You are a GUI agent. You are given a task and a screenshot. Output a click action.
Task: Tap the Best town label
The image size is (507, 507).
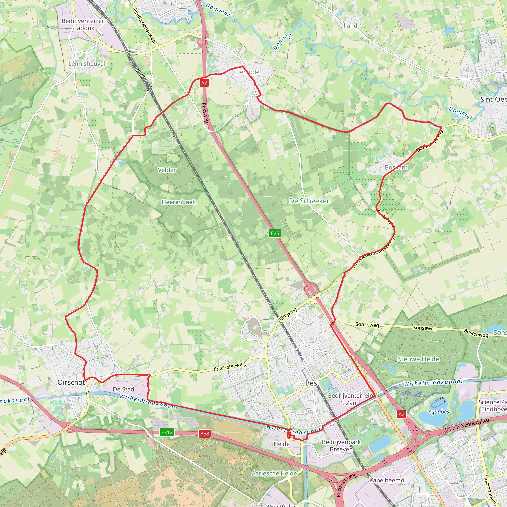tap(312, 383)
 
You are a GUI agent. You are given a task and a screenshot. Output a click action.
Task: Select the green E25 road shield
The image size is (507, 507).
tap(275, 233)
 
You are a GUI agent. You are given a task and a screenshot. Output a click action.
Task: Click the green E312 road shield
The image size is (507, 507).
tap(167, 432)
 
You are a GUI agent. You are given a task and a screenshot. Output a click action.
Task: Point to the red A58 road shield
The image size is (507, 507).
tap(205, 434)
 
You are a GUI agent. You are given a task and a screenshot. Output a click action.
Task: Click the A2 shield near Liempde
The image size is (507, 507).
tap(204, 83)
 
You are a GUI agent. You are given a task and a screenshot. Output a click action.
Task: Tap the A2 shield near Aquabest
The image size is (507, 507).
tap(401, 414)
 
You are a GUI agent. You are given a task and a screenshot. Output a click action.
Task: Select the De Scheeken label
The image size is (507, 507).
tap(310, 201)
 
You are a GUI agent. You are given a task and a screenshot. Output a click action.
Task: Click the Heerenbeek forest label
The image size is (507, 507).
tap(178, 202)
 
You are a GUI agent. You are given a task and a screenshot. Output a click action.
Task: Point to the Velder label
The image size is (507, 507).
tap(167, 170)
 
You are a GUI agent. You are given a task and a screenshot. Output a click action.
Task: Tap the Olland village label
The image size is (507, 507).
tap(348, 26)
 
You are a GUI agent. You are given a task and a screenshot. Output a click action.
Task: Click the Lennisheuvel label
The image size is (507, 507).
tap(87, 64)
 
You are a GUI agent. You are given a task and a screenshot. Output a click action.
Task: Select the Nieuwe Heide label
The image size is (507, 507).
tap(418, 359)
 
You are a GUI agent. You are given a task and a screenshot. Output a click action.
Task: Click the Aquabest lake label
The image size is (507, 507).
tap(439, 411)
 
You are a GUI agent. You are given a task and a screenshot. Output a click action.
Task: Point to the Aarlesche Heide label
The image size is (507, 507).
tap(274, 473)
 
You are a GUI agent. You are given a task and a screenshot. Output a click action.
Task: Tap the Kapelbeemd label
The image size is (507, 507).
tap(386, 480)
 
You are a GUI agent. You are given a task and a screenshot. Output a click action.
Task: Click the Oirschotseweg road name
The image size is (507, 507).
tap(228, 367)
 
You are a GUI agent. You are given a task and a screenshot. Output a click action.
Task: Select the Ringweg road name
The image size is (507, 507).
tap(288, 314)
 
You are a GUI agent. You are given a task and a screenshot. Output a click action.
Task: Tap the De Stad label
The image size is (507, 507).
tap(123, 389)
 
